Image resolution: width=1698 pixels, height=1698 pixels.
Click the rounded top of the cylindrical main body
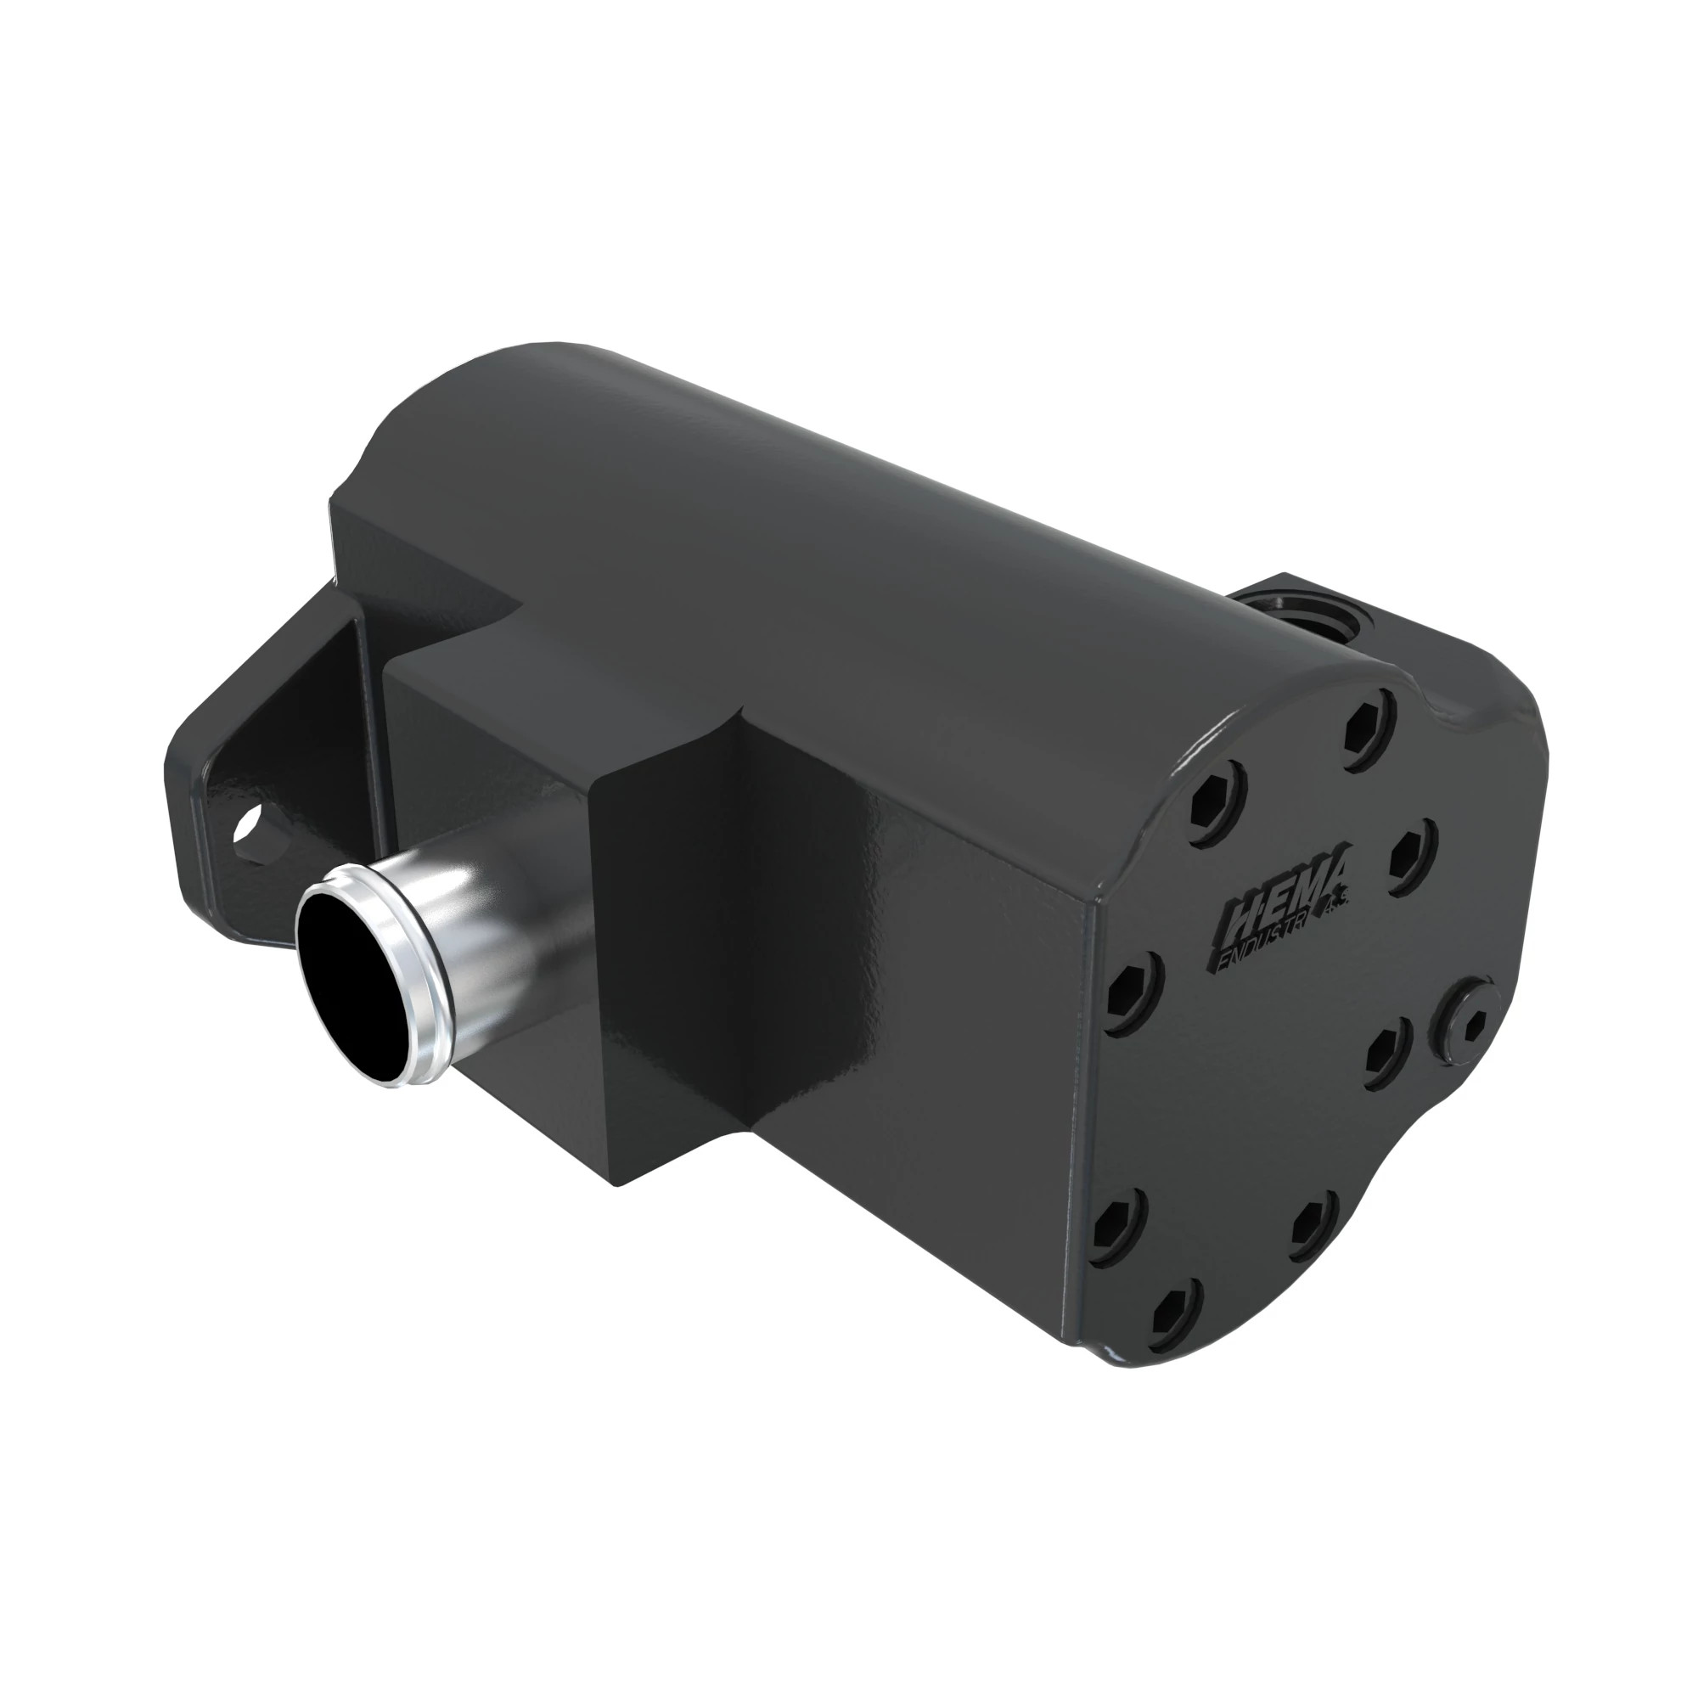tap(791, 492)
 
